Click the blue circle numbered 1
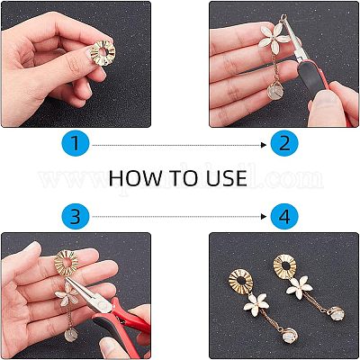click(78, 143)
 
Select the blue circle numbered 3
click(78, 217)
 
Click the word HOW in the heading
click(136, 178)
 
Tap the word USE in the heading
click(228, 178)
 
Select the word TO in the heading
click(184, 178)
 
